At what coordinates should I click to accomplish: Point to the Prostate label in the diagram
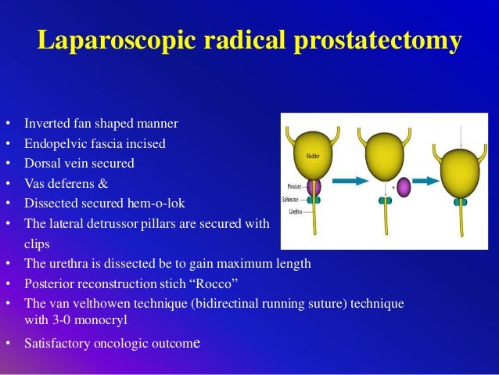pyautogui.click(x=293, y=186)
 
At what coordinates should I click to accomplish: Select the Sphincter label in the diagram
pyautogui.click(x=292, y=200)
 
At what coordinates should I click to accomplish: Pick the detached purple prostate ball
pyautogui.click(x=404, y=189)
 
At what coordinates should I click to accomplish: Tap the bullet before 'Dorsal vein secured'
pyautogui.click(x=8, y=164)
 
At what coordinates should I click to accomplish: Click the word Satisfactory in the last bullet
pyautogui.click(x=56, y=342)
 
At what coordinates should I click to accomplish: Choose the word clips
pyautogui.click(x=38, y=243)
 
